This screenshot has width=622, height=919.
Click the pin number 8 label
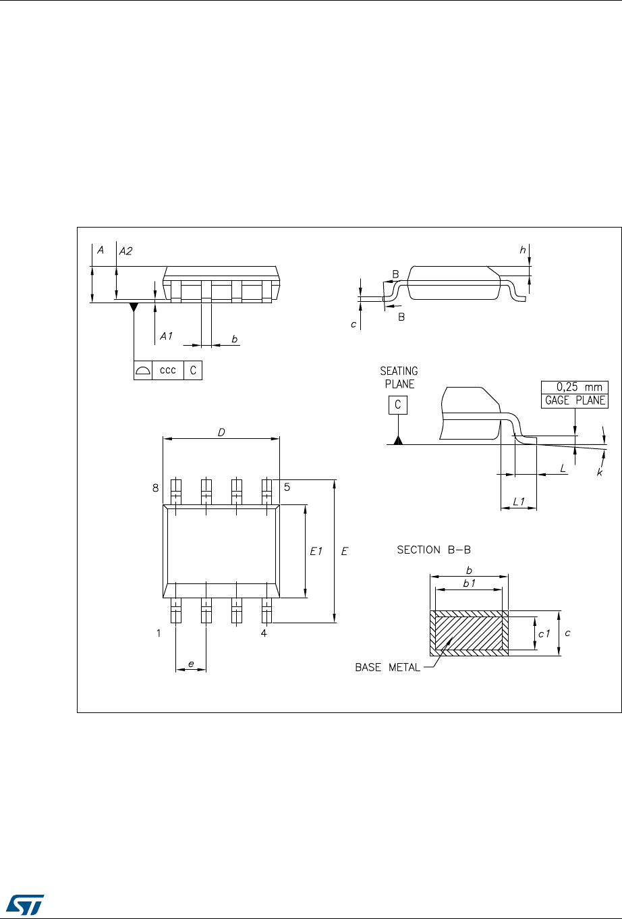point(155,487)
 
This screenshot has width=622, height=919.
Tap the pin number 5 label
point(287,487)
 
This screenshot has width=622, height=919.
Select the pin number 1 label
point(159,633)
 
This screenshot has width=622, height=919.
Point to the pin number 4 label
point(264,633)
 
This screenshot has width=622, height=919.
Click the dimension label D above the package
point(221,432)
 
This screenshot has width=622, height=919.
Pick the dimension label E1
point(316,552)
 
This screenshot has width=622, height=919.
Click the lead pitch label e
point(191,664)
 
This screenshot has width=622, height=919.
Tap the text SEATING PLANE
point(399,377)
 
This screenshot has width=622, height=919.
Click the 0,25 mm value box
point(575,388)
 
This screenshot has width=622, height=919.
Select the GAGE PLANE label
point(575,400)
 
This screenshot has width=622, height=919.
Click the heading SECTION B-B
point(433,550)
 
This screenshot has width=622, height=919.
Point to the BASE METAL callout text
point(388,668)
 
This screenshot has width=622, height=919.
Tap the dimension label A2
point(126,251)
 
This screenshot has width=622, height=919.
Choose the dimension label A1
point(167,334)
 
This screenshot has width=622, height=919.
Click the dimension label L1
point(519,501)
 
